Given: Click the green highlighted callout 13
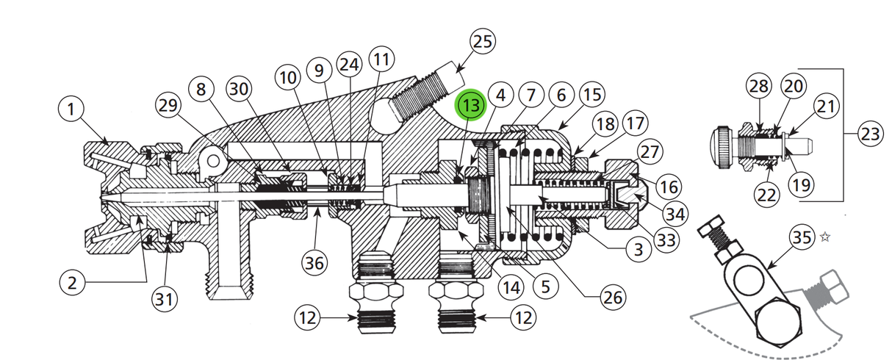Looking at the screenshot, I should pyautogui.click(x=470, y=106).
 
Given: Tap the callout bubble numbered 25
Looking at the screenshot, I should pyautogui.click(x=482, y=42).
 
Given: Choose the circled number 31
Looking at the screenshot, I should pyautogui.click(x=165, y=298).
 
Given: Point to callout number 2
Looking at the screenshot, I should pyautogui.click(x=71, y=283).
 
